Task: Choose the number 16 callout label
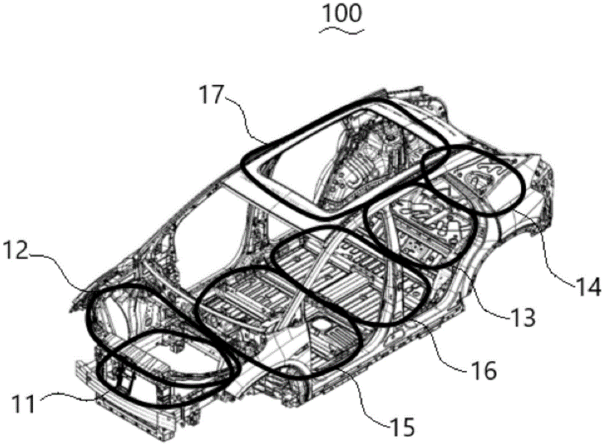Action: pos(482,368)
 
